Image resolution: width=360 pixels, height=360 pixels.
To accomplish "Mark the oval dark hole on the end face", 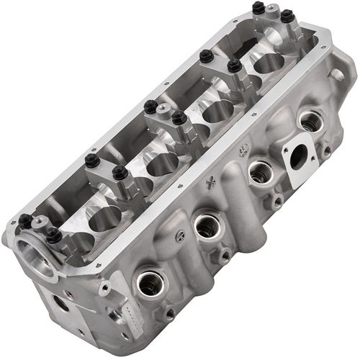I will tap(61, 303).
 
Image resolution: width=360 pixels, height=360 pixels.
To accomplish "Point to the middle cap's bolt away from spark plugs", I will tap(150, 107).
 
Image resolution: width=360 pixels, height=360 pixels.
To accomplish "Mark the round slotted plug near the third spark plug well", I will tap(225, 253).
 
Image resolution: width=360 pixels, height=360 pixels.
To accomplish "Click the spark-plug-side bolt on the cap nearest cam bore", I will tap(53, 233).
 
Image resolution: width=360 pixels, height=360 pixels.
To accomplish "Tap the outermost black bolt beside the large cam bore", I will tap(25, 220).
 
